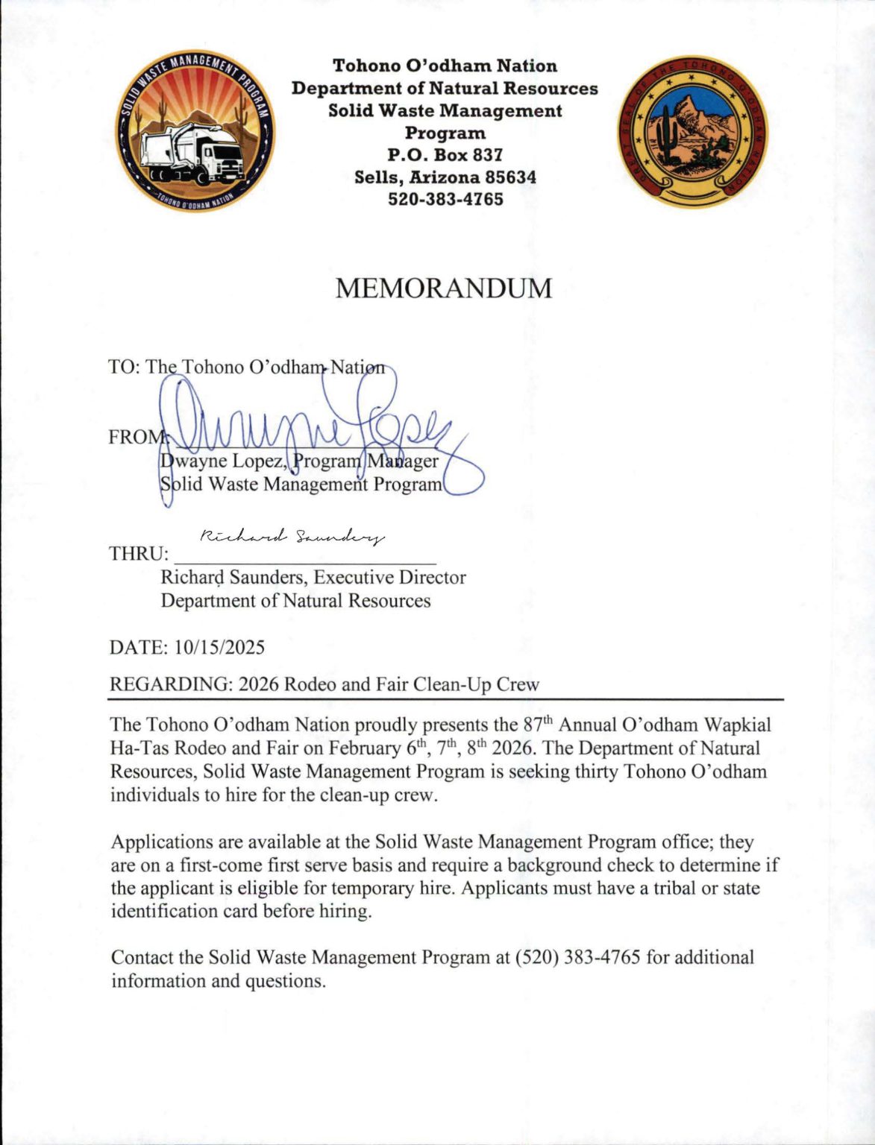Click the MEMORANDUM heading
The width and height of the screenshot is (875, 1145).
[x=443, y=288]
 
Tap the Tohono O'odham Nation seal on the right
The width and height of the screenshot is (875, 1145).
[x=692, y=131]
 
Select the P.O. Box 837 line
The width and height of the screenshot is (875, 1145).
[x=445, y=155]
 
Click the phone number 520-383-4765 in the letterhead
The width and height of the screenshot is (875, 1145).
[x=445, y=199]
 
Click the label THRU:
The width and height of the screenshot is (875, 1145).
[x=139, y=554]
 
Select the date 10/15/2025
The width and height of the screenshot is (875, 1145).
[x=219, y=647]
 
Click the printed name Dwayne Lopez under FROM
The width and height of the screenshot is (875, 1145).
[x=221, y=461]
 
